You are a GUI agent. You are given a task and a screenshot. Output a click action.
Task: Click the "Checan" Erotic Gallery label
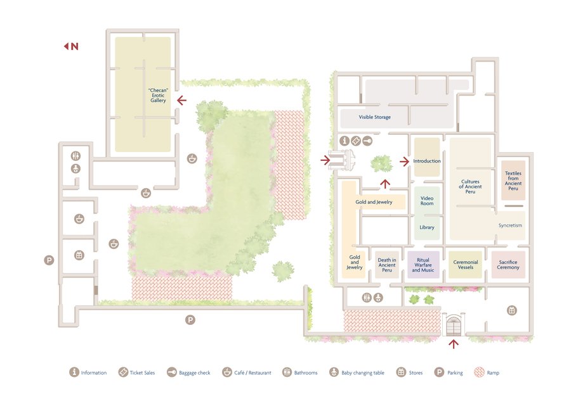158,95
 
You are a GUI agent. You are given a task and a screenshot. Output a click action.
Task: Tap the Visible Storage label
375,117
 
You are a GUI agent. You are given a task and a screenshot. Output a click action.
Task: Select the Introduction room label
427,161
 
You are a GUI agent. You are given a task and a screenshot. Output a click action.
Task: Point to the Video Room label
427,201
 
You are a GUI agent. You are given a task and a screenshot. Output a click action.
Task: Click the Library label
427,227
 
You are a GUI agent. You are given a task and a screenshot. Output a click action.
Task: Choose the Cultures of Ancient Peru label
470,186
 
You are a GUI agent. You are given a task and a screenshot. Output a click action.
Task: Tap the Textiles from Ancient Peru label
513,180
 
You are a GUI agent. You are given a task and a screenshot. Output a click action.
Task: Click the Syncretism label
510,225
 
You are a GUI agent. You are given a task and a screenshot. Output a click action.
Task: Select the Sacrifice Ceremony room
508,265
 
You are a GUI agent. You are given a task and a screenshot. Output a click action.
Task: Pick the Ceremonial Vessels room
466,265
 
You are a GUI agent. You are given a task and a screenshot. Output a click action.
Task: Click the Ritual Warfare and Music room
423,265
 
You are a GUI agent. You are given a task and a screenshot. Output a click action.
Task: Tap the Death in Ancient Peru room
387,265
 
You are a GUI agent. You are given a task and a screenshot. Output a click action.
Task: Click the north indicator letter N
75,46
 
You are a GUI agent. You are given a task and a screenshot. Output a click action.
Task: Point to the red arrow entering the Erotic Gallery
181,100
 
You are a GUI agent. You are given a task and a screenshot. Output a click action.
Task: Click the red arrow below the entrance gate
454,344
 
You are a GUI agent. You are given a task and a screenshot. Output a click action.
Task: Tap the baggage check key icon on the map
367,141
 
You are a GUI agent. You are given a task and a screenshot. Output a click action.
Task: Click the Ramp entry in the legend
487,372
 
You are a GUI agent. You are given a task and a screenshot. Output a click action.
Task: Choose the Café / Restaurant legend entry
247,372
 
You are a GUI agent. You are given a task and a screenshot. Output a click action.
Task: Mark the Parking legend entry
449,372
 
